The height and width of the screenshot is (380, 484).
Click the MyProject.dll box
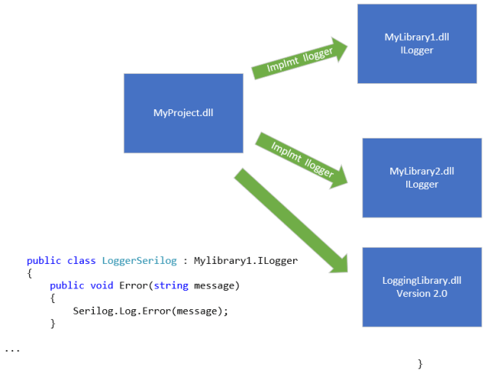pos(183,113)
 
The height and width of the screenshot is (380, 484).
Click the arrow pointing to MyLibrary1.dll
pos(299,58)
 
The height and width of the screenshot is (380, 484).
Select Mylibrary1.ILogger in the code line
pos(245,261)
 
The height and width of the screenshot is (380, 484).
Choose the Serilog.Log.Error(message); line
pos(151,311)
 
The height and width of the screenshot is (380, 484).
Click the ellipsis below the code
pos(12,349)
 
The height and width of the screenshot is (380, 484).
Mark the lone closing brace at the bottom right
pos(419,362)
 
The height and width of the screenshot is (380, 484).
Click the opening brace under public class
pos(29,273)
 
